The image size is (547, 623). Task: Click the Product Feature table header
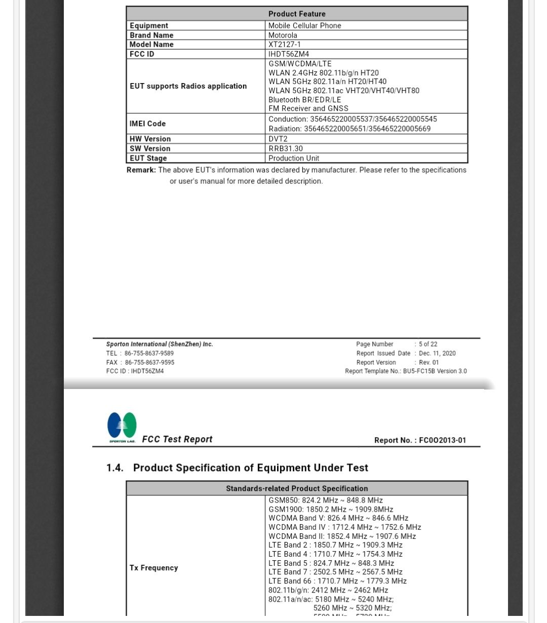coord(297,14)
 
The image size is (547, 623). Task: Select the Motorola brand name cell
coord(283,35)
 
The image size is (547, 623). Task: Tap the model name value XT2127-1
coord(284,45)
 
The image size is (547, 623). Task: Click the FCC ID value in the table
coord(288,54)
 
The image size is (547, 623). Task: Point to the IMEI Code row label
coord(147,124)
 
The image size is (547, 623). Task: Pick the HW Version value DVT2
coord(278,139)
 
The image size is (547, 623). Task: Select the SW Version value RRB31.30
coord(285,148)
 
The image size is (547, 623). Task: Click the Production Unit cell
coord(294,158)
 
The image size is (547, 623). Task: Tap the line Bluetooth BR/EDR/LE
coord(304,100)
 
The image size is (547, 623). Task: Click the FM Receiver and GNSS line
coord(308,108)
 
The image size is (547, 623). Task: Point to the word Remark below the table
coord(141,170)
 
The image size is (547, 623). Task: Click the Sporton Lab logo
coord(122,427)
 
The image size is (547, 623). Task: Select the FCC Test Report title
coord(177,439)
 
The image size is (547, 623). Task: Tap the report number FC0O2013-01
coord(442,440)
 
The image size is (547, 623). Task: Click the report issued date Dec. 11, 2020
coord(437,354)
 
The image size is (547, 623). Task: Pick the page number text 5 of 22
coord(428,344)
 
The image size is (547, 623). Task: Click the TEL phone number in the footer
coord(149,354)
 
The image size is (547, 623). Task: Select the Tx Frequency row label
coord(153,568)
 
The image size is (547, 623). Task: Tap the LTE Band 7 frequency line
coord(335,572)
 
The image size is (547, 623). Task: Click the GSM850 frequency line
coord(325,500)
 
